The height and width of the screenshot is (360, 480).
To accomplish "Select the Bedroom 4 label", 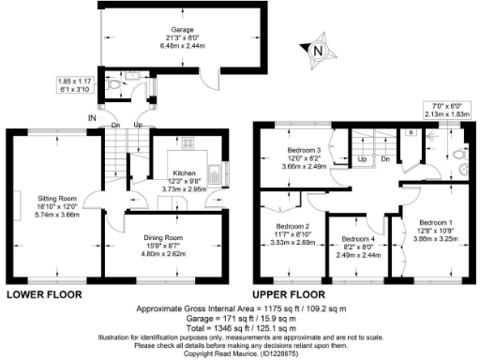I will point(360,239).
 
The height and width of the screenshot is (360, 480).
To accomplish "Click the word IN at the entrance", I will point(90,117).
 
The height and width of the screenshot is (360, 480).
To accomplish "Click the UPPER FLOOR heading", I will point(290,294).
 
